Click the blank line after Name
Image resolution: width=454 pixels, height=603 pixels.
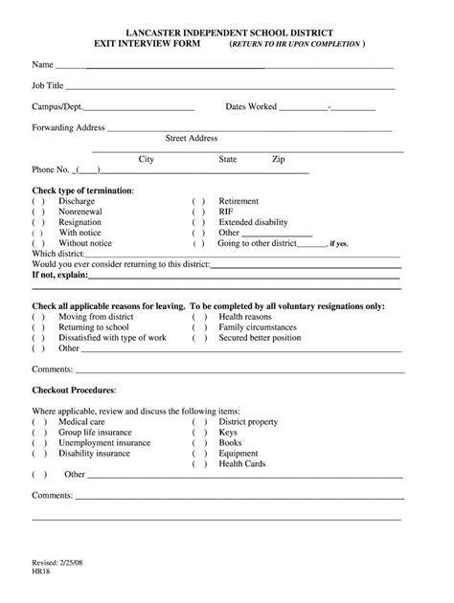tap(224, 68)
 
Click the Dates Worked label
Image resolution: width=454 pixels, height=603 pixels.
tap(251, 107)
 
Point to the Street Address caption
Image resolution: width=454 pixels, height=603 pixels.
tap(192, 138)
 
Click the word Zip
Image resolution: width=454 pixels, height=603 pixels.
tap(278, 159)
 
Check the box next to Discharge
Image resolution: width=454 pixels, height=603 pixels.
tap(38, 202)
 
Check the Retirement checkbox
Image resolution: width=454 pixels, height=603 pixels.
tap(198, 202)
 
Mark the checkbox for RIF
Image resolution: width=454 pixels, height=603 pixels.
tap(198, 212)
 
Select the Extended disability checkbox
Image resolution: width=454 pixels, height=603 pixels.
tap(198, 222)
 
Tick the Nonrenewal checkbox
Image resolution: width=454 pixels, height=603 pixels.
tap(38, 212)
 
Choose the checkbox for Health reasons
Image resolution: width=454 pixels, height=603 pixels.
tap(198, 317)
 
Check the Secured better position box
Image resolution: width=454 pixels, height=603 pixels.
tap(198, 338)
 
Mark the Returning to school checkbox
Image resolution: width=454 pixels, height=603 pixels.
tap(38, 327)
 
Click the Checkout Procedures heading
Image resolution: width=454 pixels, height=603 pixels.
tap(74, 391)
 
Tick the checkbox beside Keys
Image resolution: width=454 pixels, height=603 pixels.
tap(198, 433)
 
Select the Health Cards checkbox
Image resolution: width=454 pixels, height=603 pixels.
tap(198, 464)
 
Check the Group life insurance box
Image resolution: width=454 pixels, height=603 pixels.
tap(38, 433)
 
